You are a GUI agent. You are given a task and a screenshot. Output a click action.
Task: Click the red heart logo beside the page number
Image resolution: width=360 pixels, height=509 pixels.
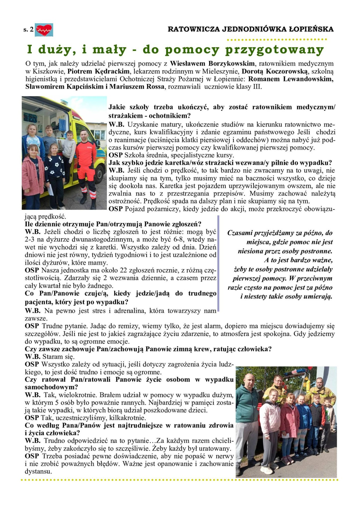coord(44,30)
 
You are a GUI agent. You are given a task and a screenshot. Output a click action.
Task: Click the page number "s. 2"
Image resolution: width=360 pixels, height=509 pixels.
coord(28,29)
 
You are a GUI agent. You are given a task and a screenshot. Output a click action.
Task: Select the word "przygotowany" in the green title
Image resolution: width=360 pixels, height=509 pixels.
coord(275,50)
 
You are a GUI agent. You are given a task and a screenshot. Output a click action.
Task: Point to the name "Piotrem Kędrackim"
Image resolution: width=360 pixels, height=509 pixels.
coord(98,71)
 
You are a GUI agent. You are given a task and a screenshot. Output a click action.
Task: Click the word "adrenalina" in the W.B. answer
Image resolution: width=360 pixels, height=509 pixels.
coord(130,311)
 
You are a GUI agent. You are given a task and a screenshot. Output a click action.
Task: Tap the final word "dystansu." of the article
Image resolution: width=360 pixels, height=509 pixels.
coord(38,471)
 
